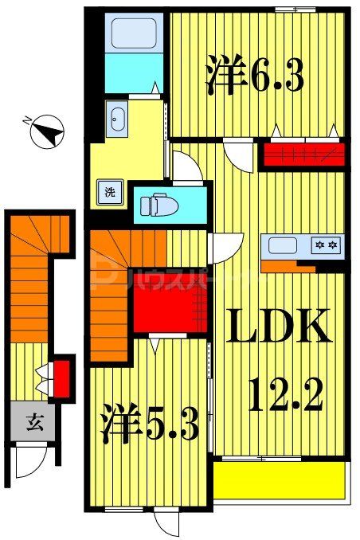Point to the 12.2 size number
coord(286,393)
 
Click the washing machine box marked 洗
coord(108,191)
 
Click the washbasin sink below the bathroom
coord(118,119)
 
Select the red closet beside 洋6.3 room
coord(303,153)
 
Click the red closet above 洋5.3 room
coord(169,299)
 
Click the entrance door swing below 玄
coord(32,460)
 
